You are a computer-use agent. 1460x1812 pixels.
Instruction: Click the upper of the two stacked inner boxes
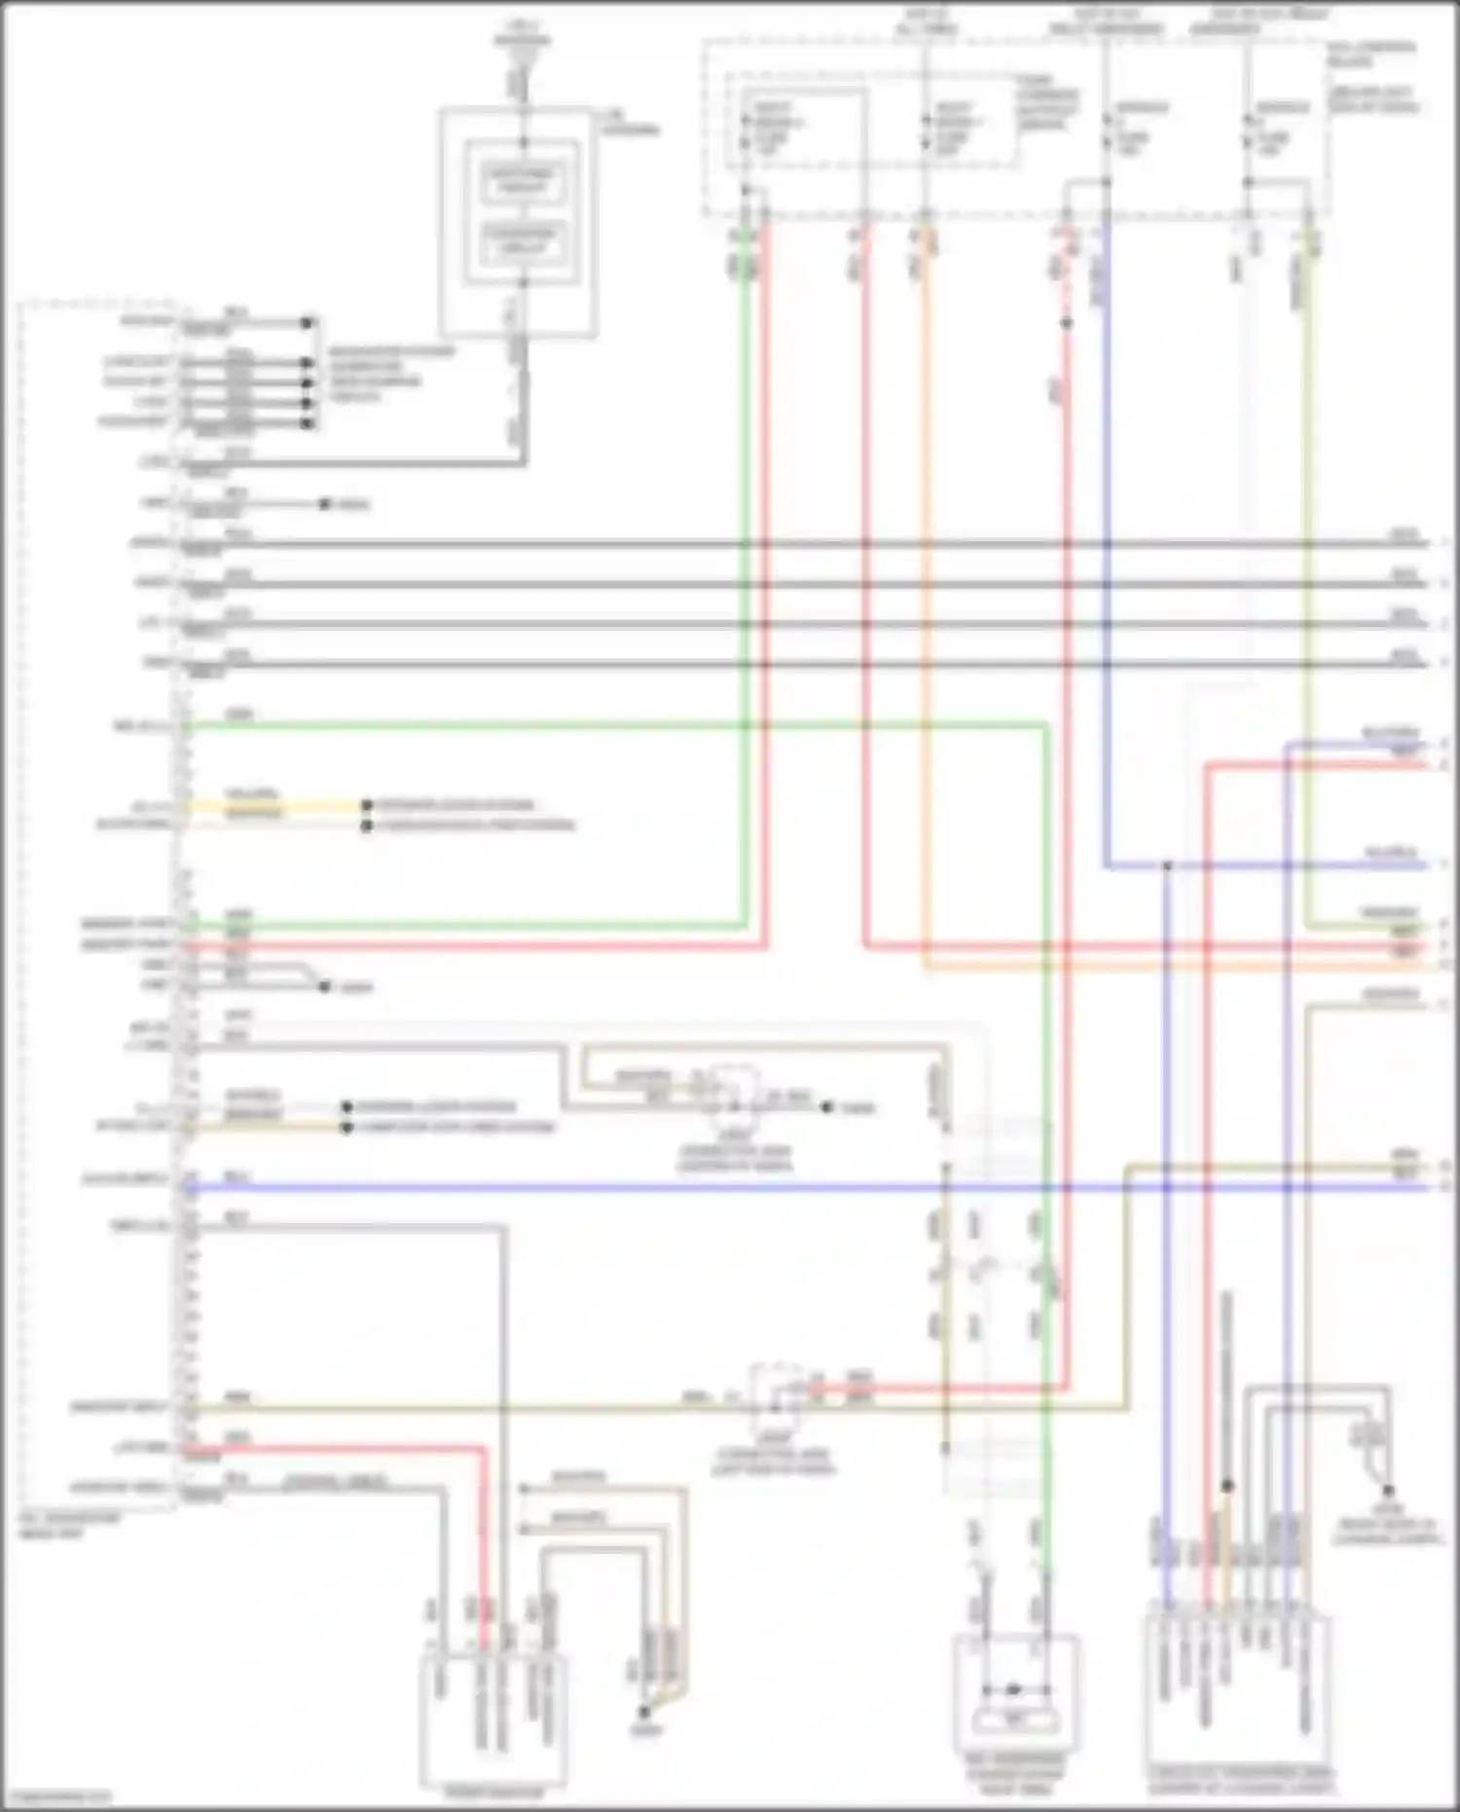coord(522,180)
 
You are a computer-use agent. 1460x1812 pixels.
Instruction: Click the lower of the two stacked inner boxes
coord(522,240)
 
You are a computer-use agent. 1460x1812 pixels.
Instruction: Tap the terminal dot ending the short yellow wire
coord(367,805)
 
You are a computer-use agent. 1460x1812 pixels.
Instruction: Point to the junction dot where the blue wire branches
coord(1167,865)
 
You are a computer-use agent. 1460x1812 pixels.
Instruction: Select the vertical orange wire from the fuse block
coord(925,584)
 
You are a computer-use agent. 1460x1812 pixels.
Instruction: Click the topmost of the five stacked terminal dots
coord(307,322)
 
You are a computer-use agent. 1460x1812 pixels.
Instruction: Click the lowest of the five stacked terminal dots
coord(307,424)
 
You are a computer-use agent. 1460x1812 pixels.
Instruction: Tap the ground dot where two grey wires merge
coord(325,987)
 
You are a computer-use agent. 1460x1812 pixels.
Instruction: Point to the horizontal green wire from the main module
coord(584,724)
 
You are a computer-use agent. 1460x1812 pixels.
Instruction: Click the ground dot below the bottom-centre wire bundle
coord(643,1711)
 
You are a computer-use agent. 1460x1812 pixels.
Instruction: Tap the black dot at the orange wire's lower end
coord(1227,1486)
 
